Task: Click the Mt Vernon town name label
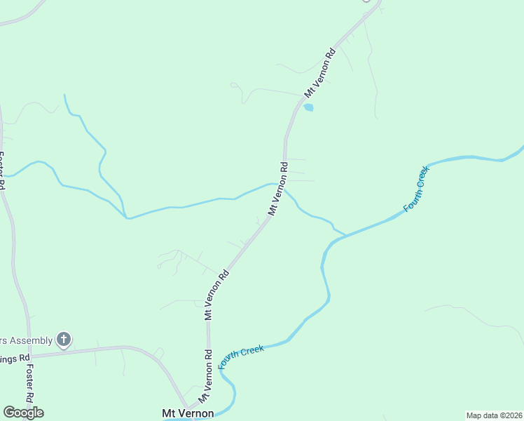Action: [188, 413]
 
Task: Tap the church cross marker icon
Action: [64, 340]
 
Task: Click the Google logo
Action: [23, 413]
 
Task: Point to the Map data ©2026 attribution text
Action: [494, 415]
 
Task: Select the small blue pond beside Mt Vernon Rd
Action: [308, 107]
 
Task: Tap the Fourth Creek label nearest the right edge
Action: [415, 190]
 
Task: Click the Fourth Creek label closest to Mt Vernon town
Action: [242, 356]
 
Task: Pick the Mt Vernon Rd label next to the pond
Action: [320, 72]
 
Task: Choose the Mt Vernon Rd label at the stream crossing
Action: [277, 189]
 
